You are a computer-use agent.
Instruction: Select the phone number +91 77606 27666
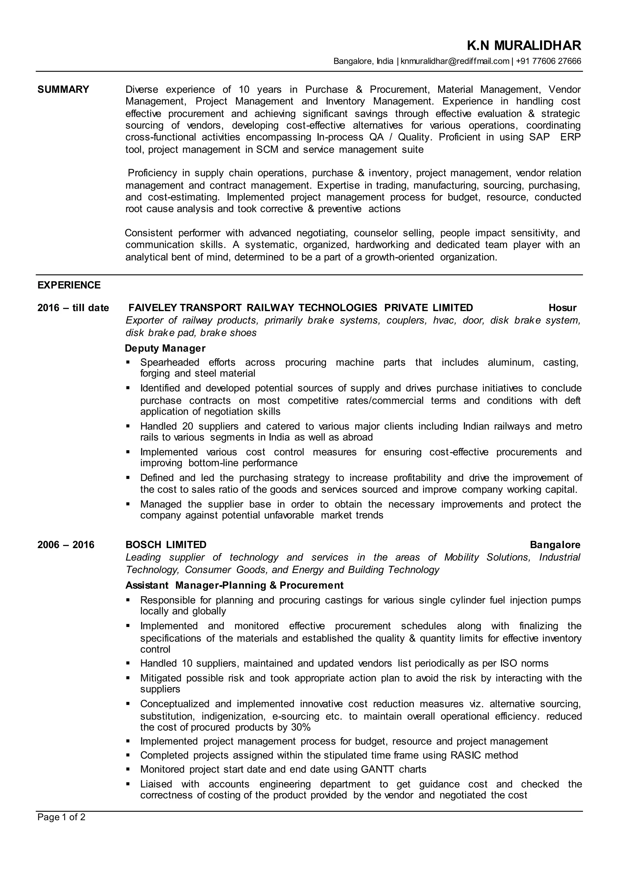(x=549, y=61)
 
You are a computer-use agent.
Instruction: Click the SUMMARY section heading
(x=63, y=89)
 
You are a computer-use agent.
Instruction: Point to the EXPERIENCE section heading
(x=69, y=285)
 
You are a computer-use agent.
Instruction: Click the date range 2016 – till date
(x=73, y=308)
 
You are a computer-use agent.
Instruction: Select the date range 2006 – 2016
(x=66, y=545)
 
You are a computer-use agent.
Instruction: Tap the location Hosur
(x=562, y=308)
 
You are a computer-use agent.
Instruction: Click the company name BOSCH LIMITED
(x=166, y=545)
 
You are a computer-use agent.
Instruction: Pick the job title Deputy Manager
(x=165, y=349)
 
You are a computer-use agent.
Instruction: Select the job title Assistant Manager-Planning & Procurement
(x=234, y=585)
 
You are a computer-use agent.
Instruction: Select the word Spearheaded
(x=170, y=362)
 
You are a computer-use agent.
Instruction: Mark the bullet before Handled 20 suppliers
(x=128, y=426)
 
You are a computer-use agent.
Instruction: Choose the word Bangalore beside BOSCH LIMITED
(x=555, y=545)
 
